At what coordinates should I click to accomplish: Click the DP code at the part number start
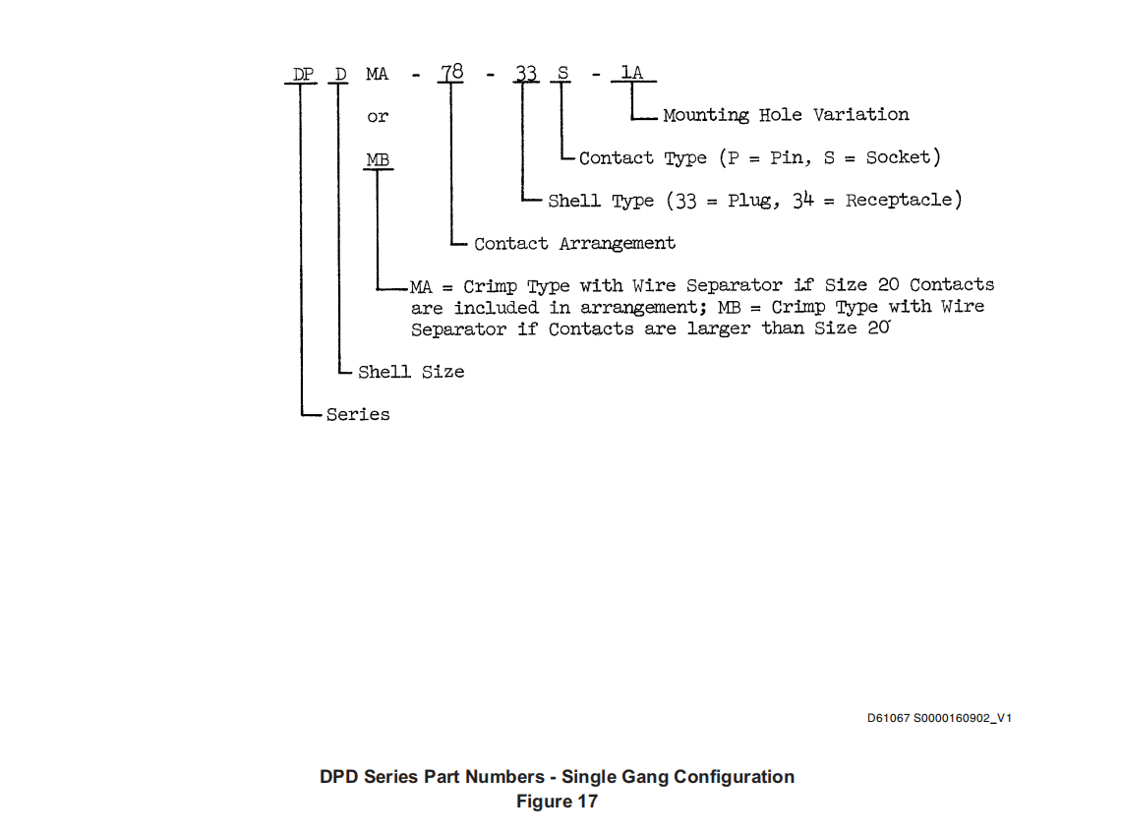tap(303, 75)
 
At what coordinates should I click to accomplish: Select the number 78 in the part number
tap(451, 72)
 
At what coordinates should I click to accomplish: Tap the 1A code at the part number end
tap(632, 72)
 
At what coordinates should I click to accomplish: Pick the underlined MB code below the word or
tap(379, 159)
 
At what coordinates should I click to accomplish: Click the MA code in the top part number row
tap(378, 75)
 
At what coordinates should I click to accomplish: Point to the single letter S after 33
tap(563, 73)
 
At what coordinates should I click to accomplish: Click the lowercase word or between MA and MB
tap(379, 116)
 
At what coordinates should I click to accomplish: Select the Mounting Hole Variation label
tap(787, 115)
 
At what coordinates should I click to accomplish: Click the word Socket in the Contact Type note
tap(898, 157)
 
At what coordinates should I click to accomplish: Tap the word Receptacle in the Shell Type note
tap(899, 201)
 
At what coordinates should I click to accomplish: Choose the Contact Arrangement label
tap(575, 244)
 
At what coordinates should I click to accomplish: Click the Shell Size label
tap(411, 372)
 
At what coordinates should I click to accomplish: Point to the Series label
tap(358, 415)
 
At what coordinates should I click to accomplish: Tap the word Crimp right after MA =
tap(490, 286)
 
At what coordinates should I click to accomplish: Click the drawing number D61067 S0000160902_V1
tap(939, 718)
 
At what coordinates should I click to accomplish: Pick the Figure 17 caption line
tap(557, 802)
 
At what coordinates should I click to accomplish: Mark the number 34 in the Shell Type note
tap(802, 201)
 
